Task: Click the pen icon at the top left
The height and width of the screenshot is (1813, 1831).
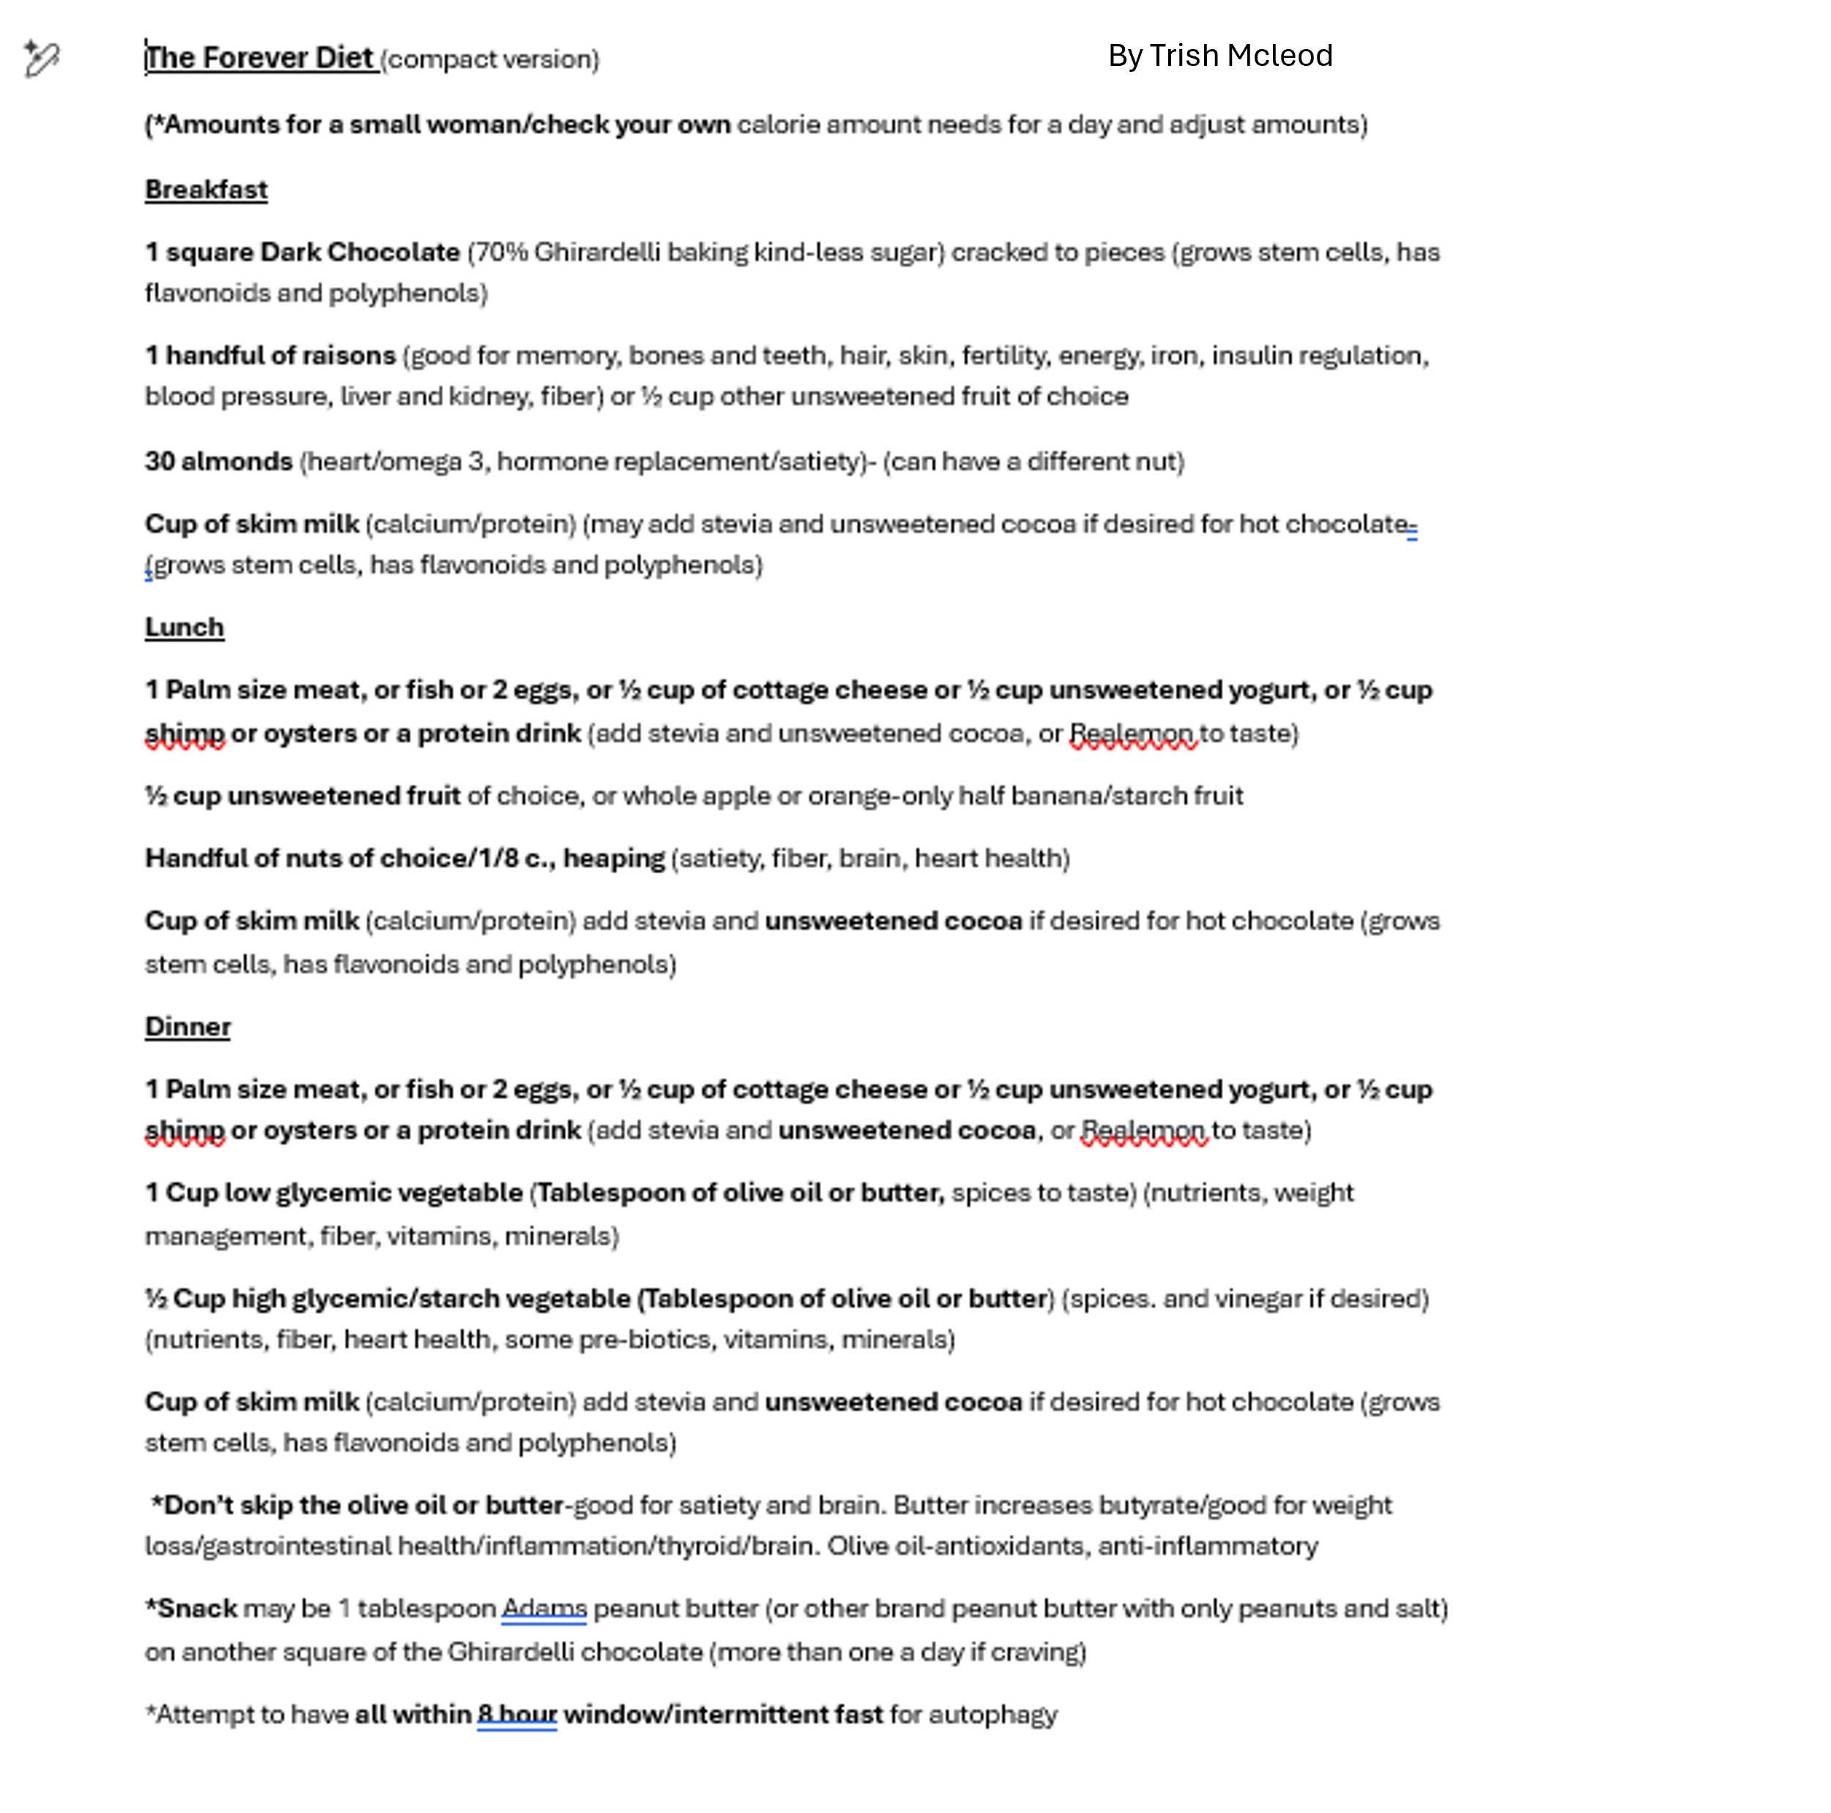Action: [42, 59]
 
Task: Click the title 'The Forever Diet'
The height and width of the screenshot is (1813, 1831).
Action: [260, 58]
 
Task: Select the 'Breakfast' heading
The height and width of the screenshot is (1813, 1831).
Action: [206, 190]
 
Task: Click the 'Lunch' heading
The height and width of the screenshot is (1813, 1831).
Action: [184, 627]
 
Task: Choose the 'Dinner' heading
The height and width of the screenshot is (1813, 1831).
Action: [187, 1026]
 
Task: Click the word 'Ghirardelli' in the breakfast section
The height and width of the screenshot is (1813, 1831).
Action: [596, 252]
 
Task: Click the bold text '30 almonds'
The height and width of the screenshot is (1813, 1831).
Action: [218, 461]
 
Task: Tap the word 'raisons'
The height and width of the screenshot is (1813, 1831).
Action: [348, 355]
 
